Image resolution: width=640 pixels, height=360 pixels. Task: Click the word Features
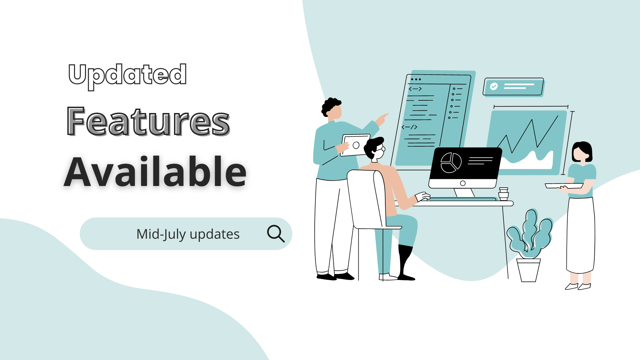pyautogui.click(x=148, y=121)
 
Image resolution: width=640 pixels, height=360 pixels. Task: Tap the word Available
pyautogui.click(x=155, y=172)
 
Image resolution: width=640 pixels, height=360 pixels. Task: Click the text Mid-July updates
pyautogui.click(x=188, y=234)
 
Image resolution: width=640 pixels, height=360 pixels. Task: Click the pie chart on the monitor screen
pyautogui.click(x=451, y=163)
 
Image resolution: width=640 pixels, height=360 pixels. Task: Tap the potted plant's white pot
pyautogui.click(x=528, y=270)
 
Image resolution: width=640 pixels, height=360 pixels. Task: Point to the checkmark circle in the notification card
pyautogui.click(x=494, y=86)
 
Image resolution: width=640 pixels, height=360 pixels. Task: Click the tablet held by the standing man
pyautogui.click(x=356, y=145)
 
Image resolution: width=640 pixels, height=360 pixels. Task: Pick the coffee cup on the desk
pyautogui.click(x=504, y=194)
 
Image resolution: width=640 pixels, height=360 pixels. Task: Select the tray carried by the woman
pyautogui.click(x=564, y=186)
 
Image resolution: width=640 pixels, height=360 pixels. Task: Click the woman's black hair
pyautogui.click(x=582, y=150)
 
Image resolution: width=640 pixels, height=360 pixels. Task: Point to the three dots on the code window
pyautogui.click(x=416, y=79)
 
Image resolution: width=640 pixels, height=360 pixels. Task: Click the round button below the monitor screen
pyautogui.click(x=463, y=183)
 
